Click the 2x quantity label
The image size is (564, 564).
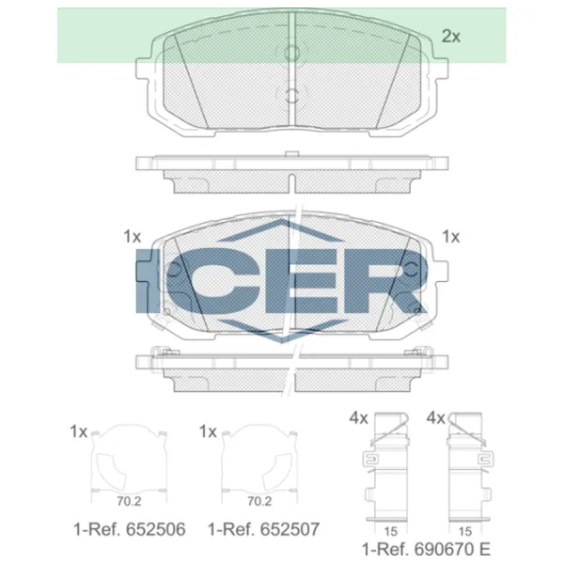[450, 37]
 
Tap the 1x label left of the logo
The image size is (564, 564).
[132, 237]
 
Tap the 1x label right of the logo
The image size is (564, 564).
[450, 237]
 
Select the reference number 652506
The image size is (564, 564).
[155, 529]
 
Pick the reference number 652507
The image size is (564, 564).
[290, 529]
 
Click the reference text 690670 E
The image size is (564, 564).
[452, 549]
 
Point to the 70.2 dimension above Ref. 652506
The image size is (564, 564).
[129, 501]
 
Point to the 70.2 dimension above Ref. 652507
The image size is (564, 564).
[259, 501]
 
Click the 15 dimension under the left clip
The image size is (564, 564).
[391, 531]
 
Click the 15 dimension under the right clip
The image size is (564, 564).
[464, 531]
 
